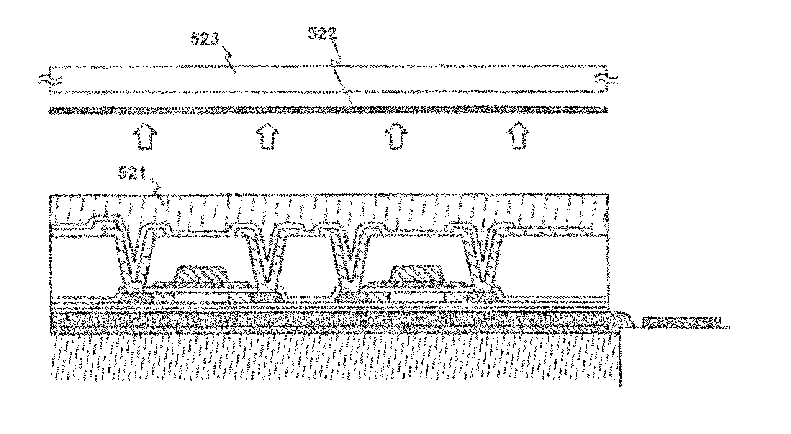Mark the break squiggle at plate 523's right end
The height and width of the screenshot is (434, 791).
tap(608, 80)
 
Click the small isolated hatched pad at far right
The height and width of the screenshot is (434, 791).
tap(681, 322)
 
